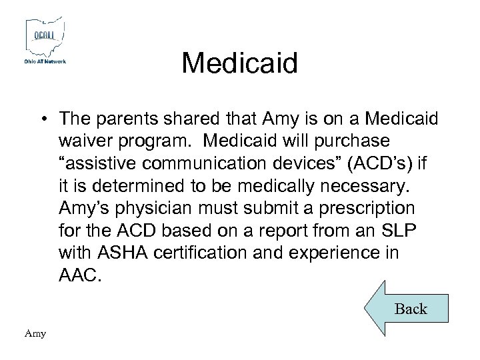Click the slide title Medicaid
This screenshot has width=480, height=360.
[239, 64]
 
